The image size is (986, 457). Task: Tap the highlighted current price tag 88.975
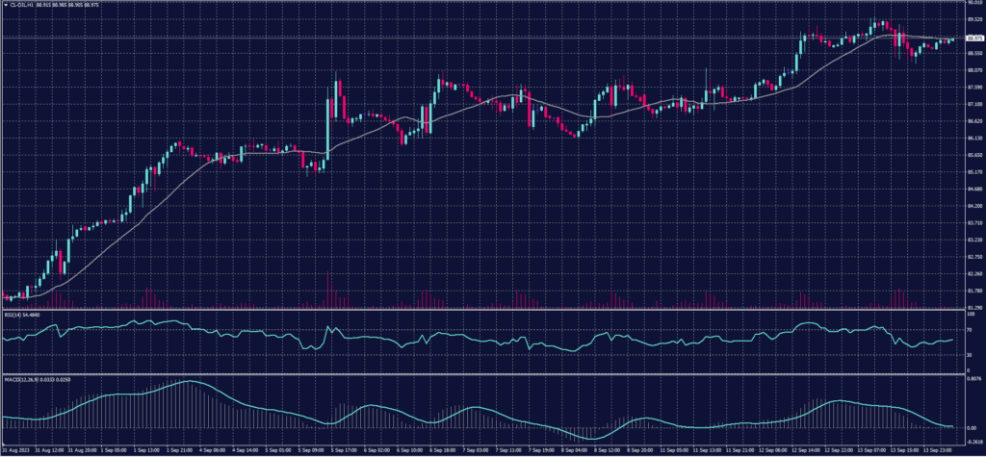click(972, 38)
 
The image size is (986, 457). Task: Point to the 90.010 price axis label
click(971, 4)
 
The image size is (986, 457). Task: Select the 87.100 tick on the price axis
click(971, 104)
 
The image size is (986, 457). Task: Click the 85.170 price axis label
click(971, 172)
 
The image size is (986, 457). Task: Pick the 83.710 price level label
click(971, 223)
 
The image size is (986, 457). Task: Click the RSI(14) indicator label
click(13, 314)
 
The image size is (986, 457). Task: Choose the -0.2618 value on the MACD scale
click(971, 441)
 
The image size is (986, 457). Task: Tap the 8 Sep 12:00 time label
click(610, 449)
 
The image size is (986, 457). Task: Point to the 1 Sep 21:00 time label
click(183, 449)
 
